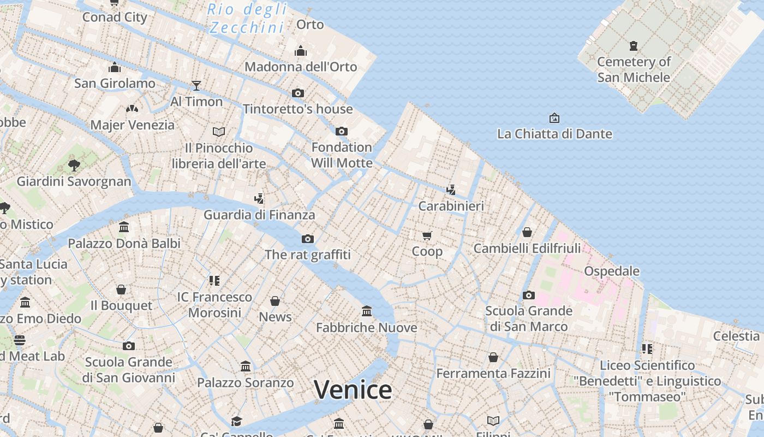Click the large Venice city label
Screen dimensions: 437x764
tap(353, 390)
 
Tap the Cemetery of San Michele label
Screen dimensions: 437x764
tap(634, 69)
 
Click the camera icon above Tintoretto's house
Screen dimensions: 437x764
tap(297, 93)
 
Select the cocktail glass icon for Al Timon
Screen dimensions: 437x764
tap(196, 86)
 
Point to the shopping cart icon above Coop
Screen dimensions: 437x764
tap(427, 235)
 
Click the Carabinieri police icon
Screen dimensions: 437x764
tap(451, 190)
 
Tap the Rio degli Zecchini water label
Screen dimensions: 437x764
tap(247, 18)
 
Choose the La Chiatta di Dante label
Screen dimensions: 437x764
tap(554, 134)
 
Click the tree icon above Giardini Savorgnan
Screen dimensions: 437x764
tap(74, 165)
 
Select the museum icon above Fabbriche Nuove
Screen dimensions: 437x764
tap(367, 311)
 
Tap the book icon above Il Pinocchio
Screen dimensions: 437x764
tap(219, 132)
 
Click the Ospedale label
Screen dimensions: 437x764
tap(612, 271)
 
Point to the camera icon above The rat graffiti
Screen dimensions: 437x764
tap(308, 239)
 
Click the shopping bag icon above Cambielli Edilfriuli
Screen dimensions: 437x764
tap(527, 232)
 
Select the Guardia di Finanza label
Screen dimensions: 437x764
tap(259, 215)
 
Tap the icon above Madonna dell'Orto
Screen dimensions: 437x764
tap(301, 51)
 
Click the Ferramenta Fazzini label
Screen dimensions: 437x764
tap(493, 374)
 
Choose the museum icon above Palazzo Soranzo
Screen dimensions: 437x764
tap(246, 366)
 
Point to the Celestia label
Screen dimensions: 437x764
tap(736, 336)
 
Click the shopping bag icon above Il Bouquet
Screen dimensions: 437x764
tap(121, 289)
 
